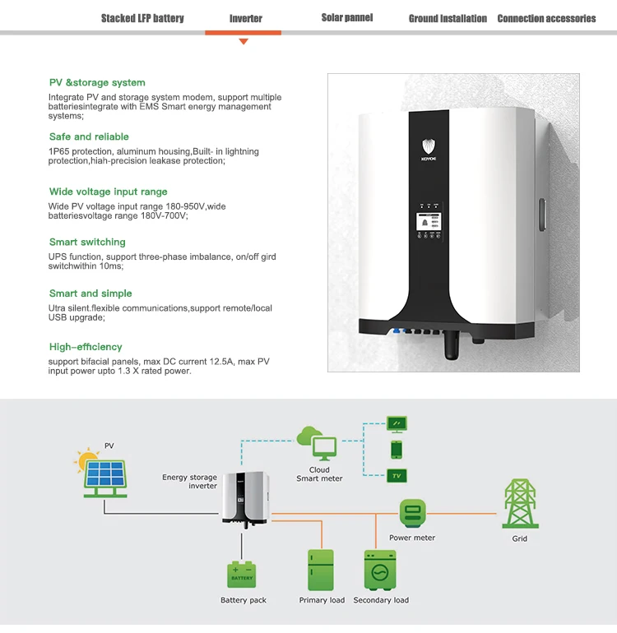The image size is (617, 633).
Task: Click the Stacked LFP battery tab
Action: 142,18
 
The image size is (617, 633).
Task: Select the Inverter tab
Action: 245,18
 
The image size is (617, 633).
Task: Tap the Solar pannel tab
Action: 346,17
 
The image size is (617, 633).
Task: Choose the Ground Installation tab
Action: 448,18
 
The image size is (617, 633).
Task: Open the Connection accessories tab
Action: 546,18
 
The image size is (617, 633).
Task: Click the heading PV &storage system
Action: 97,82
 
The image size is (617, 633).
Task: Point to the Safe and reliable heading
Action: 89,136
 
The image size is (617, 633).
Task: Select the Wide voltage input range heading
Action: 108,192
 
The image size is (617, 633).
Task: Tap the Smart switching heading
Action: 87,242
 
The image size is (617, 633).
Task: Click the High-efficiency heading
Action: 86,347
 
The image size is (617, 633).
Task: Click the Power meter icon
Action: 412,514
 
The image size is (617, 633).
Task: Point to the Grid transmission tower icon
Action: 519,504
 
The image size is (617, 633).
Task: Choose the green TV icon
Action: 397,475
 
